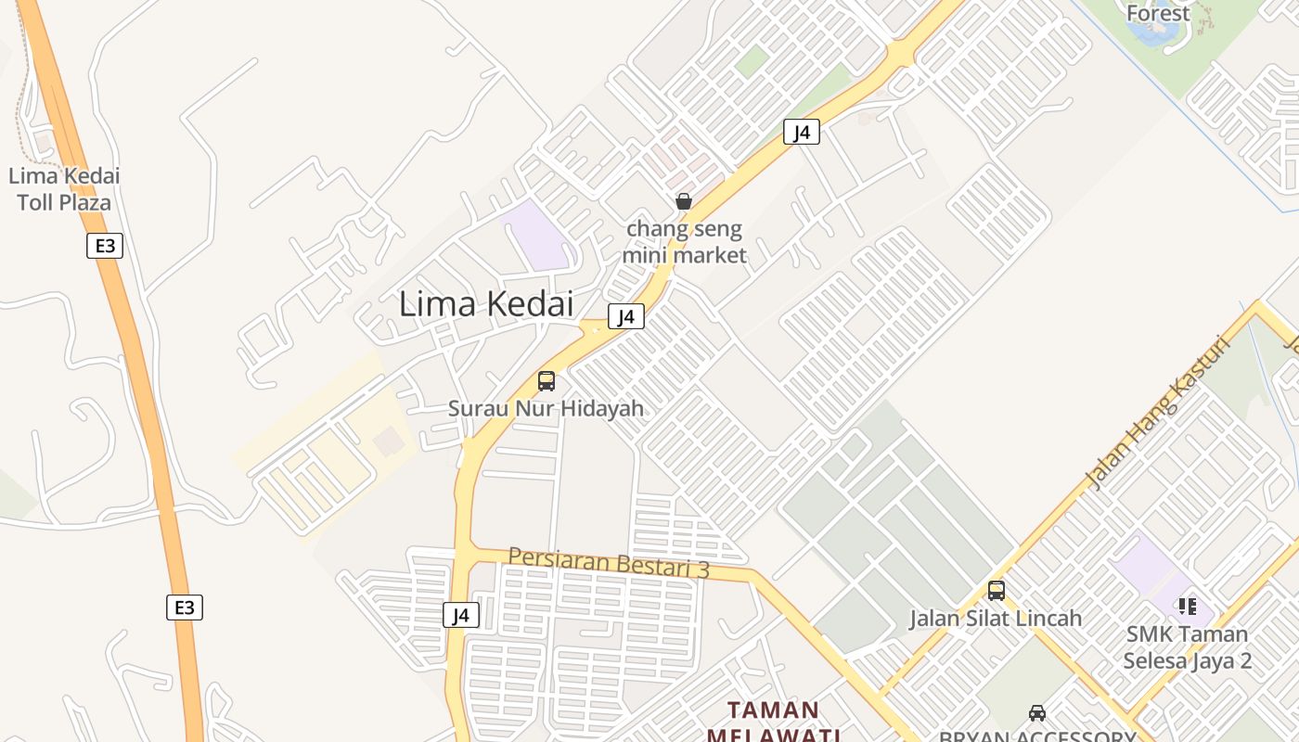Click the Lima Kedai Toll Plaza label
[x=64, y=189]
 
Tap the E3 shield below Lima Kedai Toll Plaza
[x=105, y=246]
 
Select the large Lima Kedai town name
[x=486, y=304]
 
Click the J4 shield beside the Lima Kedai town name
[x=626, y=317]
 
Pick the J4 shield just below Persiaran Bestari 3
[x=461, y=615]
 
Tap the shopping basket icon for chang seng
[x=684, y=201]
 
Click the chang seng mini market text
[x=684, y=241]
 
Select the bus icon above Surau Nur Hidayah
[x=547, y=381]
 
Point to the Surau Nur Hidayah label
[x=546, y=408]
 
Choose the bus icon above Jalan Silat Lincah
[x=997, y=590]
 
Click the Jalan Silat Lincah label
[x=996, y=618]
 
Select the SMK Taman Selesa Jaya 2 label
[x=1187, y=647]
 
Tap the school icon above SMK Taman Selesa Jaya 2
[x=1187, y=607]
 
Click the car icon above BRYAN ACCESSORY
[x=1037, y=713]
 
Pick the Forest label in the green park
[x=1157, y=13]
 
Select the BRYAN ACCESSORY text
[x=1037, y=736]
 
